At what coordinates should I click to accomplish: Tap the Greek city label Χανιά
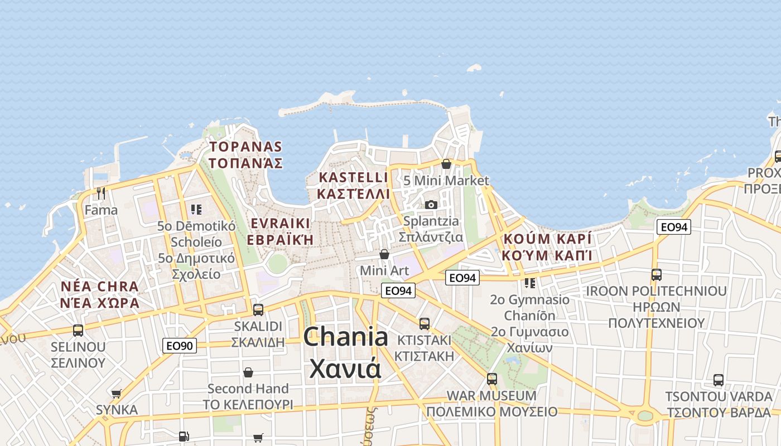click(345, 368)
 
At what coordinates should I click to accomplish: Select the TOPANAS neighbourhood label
click(245, 147)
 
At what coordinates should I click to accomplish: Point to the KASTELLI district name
click(353, 177)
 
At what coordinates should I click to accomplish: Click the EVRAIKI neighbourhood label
click(280, 224)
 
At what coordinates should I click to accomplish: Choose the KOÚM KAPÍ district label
click(547, 239)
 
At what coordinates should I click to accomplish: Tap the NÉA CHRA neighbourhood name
click(100, 287)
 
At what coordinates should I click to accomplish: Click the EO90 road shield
click(180, 346)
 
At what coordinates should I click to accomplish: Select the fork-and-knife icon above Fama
click(101, 193)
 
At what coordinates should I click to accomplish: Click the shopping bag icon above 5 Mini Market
click(446, 164)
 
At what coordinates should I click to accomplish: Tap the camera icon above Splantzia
click(431, 205)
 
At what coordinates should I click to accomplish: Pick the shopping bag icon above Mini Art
click(384, 254)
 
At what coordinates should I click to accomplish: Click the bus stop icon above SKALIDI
click(258, 310)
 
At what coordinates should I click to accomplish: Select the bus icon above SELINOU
click(78, 330)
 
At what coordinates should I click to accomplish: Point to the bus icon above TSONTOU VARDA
click(719, 380)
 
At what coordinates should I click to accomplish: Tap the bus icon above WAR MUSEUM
click(491, 379)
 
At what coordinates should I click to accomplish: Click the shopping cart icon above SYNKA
click(117, 394)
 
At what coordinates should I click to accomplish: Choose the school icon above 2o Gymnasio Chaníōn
click(530, 283)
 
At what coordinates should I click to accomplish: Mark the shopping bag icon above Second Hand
click(248, 372)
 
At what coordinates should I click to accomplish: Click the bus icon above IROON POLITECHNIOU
click(657, 275)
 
